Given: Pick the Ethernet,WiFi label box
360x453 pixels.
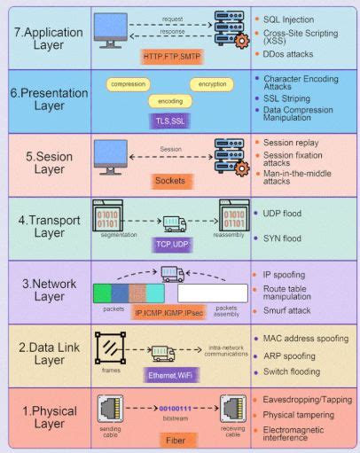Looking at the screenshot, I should click(172, 375).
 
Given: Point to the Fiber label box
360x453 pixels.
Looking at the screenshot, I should click(174, 439).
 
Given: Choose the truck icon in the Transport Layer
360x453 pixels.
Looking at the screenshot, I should click(173, 222).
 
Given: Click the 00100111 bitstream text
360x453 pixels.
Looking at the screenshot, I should click(174, 409).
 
